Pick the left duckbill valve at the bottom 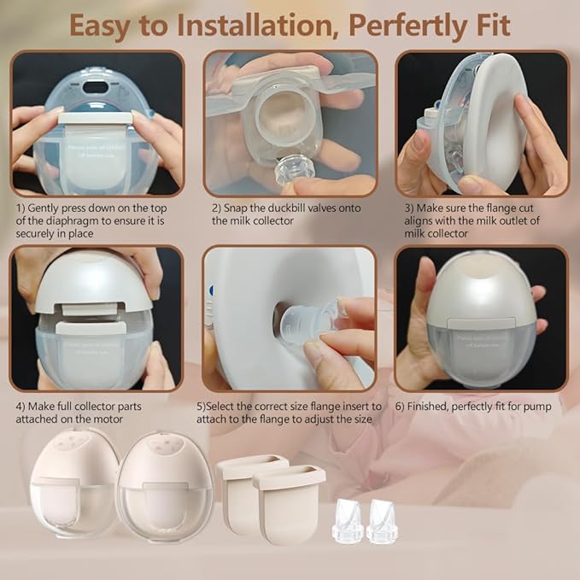[349, 521]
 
